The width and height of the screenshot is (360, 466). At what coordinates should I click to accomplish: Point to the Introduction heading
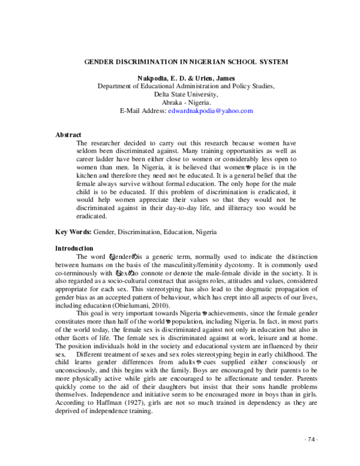click(x=74, y=248)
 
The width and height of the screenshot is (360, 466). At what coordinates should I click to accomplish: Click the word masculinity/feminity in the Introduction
click(x=223, y=264)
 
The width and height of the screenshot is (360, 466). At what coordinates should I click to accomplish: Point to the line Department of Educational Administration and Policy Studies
click(x=186, y=86)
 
